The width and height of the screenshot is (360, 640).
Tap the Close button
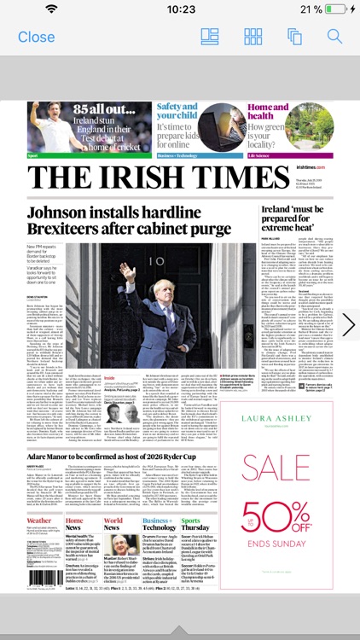(36, 37)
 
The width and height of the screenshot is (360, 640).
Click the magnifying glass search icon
(334, 37)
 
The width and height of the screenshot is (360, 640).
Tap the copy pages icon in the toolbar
(295, 37)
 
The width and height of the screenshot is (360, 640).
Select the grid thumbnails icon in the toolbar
(253, 37)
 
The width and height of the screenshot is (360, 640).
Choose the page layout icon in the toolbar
(210, 37)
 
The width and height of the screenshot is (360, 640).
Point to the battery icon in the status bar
(334, 9)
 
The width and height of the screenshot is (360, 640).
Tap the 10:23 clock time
(180, 9)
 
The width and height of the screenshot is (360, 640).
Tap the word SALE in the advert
(274, 468)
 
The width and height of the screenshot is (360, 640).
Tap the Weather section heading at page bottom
(38, 521)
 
